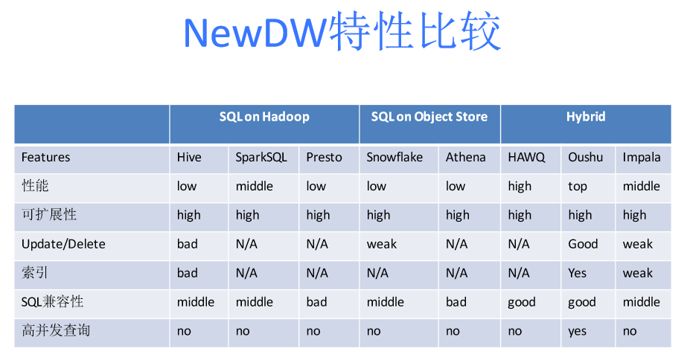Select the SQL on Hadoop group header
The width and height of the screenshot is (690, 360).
tap(264, 117)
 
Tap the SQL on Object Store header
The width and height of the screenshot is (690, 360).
tap(429, 117)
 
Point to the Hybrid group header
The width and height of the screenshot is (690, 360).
tap(586, 117)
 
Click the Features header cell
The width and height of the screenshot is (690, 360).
tap(45, 157)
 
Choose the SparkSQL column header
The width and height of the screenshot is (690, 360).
tap(261, 158)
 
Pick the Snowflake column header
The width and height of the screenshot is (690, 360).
tap(394, 157)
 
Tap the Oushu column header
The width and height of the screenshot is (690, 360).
tap(585, 157)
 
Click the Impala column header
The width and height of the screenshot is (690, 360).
tap(642, 158)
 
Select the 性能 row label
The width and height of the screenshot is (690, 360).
tap(35, 185)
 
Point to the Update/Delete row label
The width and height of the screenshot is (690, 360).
tap(63, 244)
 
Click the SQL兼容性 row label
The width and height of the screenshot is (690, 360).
tap(52, 301)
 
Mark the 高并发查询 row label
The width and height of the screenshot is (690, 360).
tap(56, 330)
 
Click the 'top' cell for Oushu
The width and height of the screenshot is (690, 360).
tap(578, 187)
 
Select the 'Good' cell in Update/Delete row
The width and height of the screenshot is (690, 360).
tap(583, 244)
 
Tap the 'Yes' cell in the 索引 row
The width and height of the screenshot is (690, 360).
tap(578, 273)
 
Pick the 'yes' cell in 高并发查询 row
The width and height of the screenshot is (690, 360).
tap(578, 332)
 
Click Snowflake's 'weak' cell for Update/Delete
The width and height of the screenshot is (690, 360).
tap(382, 244)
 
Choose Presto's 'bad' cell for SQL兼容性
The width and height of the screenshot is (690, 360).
tap(316, 301)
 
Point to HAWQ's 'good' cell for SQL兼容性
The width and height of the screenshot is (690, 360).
tap(522, 303)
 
